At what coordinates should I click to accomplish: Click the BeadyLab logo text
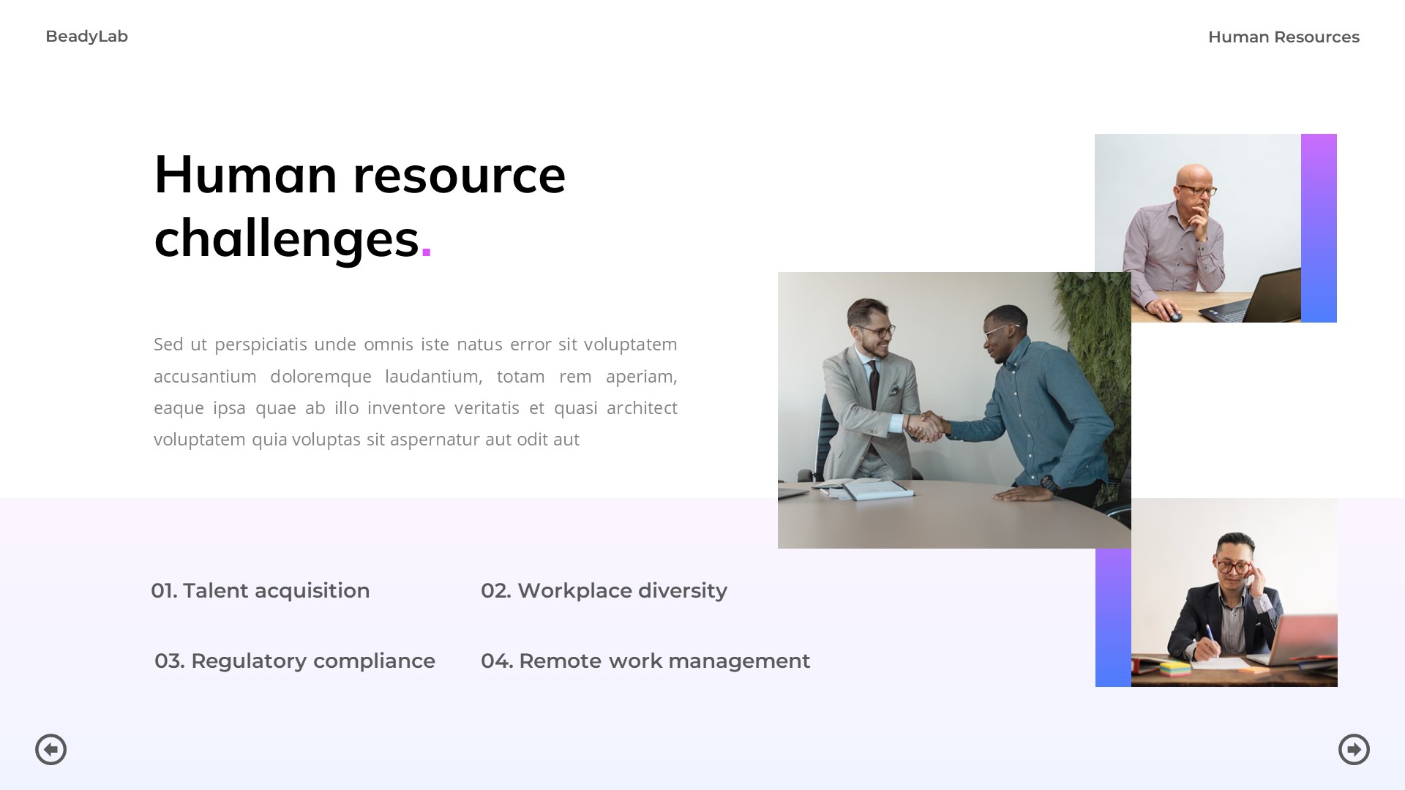[x=86, y=37]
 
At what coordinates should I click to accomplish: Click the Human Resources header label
[x=1283, y=37]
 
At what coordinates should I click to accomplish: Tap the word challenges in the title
[x=286, y=238]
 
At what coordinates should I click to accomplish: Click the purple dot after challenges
[x=427, y=253]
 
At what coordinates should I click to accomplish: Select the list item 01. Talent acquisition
[x=261, y=590]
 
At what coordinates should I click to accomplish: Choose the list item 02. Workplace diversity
[x=604, y=590]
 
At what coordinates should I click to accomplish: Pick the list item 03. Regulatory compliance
[x=295, y=661]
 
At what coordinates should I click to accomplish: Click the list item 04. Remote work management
[x=645, y=661]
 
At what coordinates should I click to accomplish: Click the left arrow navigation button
[x=51, y=749]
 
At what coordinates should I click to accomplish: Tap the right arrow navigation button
[x=1354, y=749]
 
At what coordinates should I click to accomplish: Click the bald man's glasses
[x=1197, y=191]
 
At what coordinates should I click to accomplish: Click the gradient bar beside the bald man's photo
[x=1319, y=227]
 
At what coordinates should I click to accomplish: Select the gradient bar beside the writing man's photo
[x=1113, y=617]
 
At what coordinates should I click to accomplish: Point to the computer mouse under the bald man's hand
[x=1174, y=316]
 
